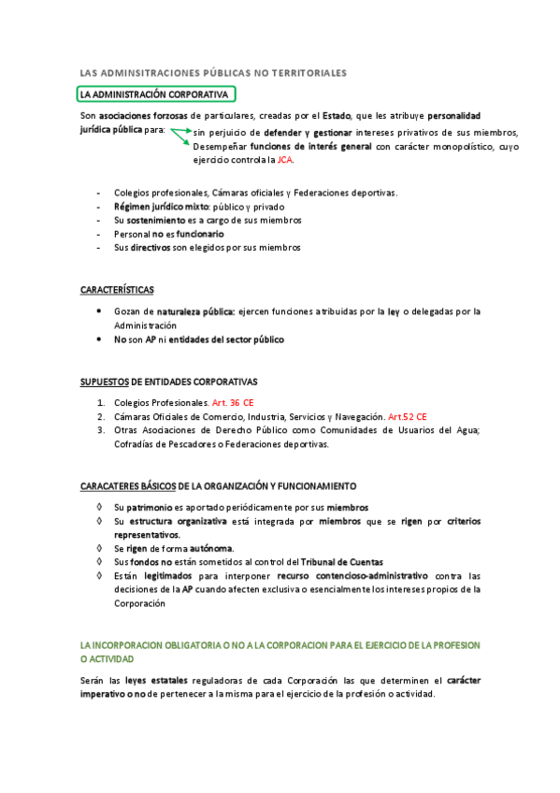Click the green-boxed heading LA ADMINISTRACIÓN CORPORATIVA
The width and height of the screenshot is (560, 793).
click(x=154, y=94)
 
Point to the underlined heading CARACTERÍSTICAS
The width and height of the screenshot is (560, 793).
click(x=117, y=290)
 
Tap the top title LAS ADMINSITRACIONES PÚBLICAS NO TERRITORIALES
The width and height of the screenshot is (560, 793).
click(x=213, y=72)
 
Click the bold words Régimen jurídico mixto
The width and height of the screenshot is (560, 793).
click(x=161, y=207)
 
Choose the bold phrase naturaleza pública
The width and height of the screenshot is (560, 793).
click(x=196, y=311)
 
